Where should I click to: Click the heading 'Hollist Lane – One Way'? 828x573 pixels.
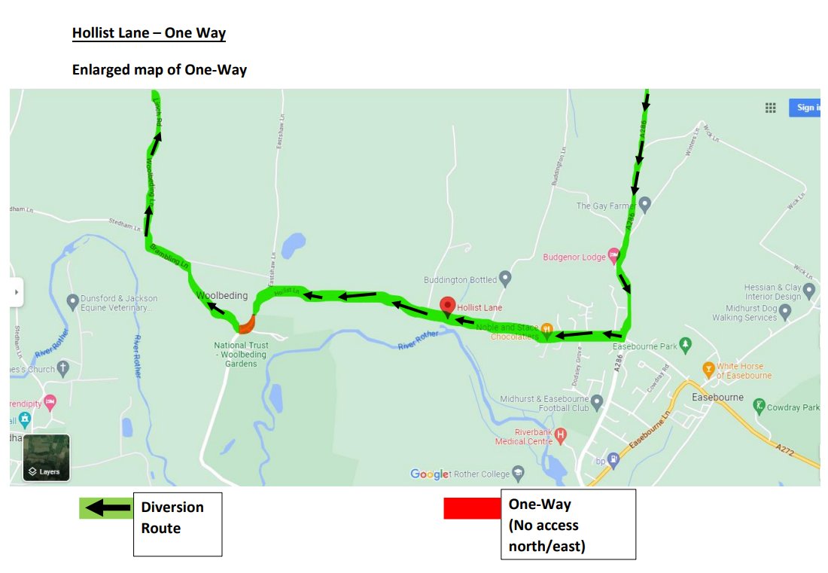click(148, 33)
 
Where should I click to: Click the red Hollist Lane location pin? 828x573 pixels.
click(448, 306)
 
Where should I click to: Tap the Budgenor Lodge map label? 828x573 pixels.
click(574, 258)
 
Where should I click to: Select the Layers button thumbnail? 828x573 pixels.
click(46, 458)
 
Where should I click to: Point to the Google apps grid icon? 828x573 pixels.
click(770, 108)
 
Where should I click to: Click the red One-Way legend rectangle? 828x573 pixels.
click(472, 508)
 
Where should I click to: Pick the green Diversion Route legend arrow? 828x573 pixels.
click(105, 508)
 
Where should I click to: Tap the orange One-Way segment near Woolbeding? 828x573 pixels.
click(246, 325)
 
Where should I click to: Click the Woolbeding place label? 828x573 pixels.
click(222, 296)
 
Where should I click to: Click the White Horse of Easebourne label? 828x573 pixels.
click(744, 371)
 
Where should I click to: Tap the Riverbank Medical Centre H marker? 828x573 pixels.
click(560, 434)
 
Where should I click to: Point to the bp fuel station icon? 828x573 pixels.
click(614, 460)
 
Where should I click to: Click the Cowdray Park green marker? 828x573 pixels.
click(760, 407)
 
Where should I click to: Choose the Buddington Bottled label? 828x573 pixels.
click(460, 280)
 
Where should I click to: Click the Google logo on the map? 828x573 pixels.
click(429, 474)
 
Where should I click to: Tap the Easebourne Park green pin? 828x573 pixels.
click(685, 345)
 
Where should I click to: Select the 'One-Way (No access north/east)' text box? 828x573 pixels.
click(568, 524)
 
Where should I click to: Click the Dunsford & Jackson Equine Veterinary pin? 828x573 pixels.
click(72, 301)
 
